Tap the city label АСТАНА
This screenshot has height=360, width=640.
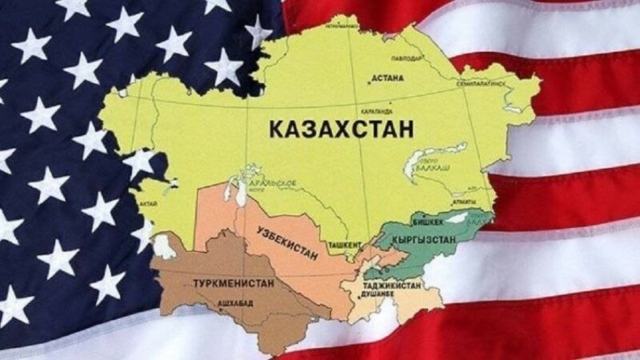click(x=388, y=79)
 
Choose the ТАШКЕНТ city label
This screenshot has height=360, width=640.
click(x=345, y=242)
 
